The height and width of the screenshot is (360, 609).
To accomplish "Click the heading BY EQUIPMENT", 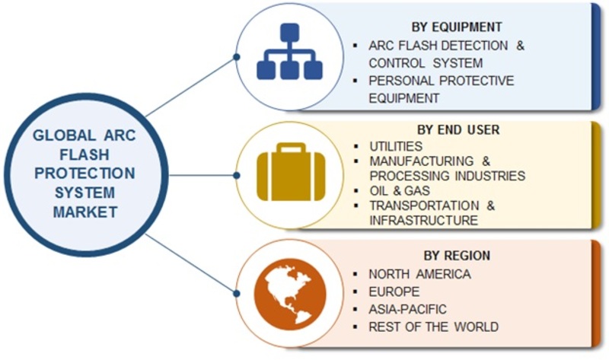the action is coord(456,27).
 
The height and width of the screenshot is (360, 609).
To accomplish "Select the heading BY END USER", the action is coord(458,129).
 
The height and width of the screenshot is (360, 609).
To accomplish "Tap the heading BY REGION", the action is coord(457,256).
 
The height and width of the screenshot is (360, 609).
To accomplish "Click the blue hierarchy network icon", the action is coord(289,51).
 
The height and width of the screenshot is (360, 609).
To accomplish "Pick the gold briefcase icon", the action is coord(291,172).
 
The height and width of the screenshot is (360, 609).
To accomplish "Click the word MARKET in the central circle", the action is coord(85,212).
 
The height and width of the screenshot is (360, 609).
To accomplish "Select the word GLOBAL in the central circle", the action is coord(64,135).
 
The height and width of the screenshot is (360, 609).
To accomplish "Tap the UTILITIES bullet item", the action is coord(396,146).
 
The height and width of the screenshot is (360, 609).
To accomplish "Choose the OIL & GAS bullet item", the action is coord(400,191).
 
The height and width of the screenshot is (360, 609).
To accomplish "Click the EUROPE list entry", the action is coord(394,292).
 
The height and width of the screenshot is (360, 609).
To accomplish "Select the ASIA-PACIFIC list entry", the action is coord(407,309).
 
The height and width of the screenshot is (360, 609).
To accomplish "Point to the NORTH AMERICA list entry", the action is coord(420,274).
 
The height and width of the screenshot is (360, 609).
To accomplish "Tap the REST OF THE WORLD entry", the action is coord(433,327).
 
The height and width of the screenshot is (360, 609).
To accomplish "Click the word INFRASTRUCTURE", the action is coord(423,220).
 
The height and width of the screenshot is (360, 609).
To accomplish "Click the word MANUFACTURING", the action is coord(422,161).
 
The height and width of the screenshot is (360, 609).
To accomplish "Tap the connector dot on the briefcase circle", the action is coord(237,176).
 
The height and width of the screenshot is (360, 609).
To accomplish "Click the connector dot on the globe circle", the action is coord(237,293).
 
